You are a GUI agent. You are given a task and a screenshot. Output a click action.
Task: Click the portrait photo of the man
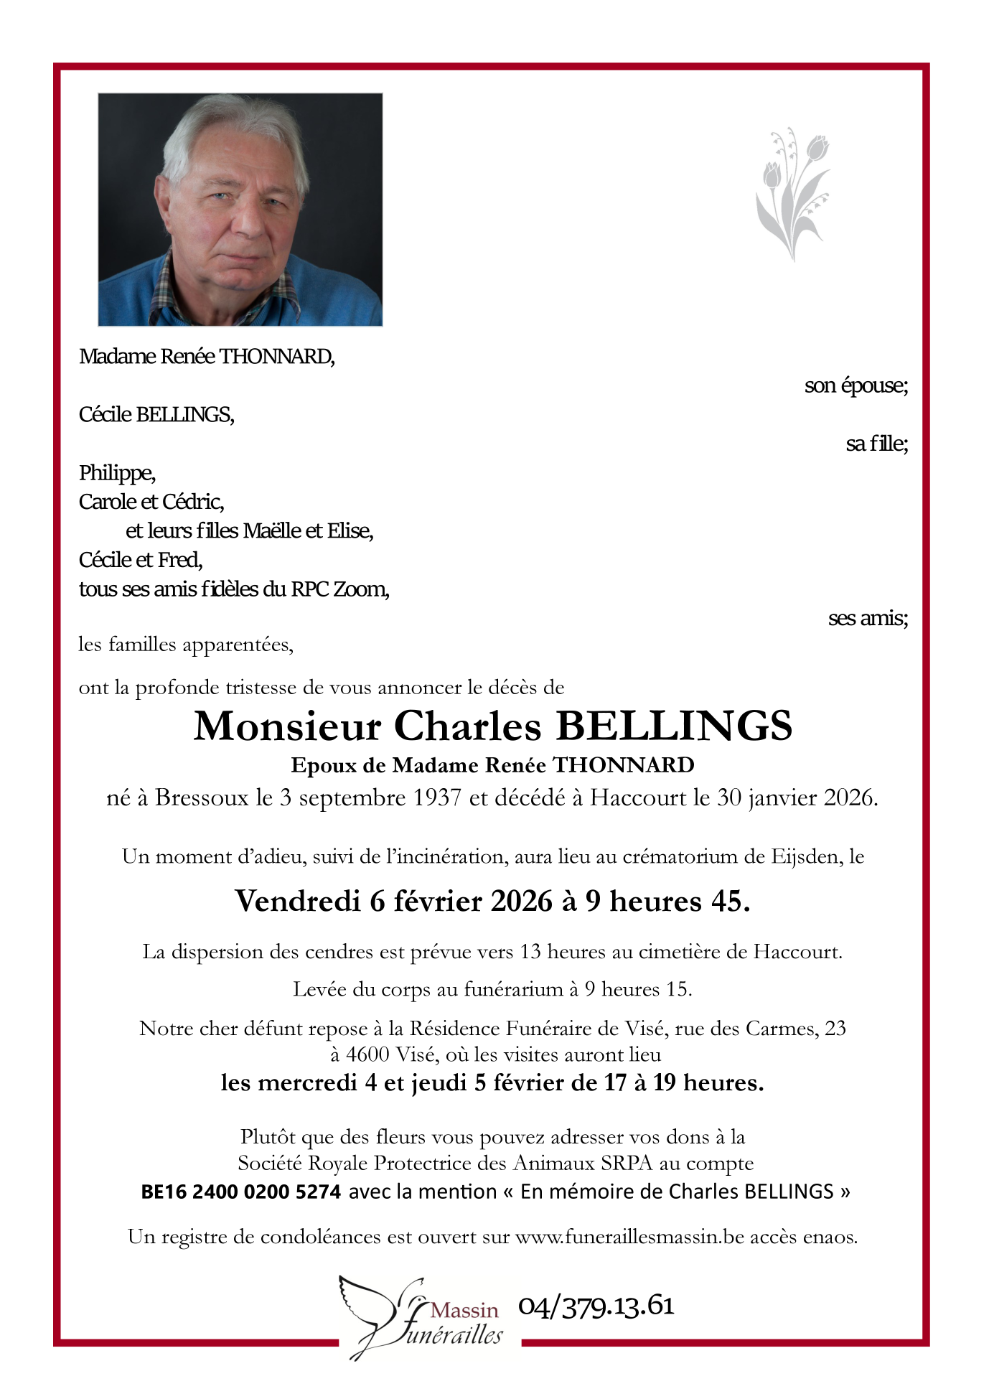[x=240, y=210]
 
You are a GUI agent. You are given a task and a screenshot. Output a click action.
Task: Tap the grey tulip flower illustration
[x=792, y=194]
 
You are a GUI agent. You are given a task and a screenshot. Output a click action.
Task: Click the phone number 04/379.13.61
[x=596, y=1305]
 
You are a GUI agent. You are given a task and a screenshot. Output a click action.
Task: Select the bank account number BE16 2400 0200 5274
[x=240, y=1192]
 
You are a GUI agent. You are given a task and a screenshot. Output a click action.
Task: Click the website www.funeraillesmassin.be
[x=629, y=1237]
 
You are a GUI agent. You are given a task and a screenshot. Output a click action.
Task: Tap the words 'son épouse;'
[x=856, y=385]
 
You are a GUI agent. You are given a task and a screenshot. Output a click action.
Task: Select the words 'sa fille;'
[x=876, y=444]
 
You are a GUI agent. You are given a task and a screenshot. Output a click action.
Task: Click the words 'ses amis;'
[x=868, y=618]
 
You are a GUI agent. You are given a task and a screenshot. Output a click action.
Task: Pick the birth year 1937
[x=437, y=797]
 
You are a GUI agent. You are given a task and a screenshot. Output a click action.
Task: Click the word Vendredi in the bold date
[x=298, y=901]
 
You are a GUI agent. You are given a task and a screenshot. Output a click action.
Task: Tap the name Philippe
[x=116, y=473]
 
